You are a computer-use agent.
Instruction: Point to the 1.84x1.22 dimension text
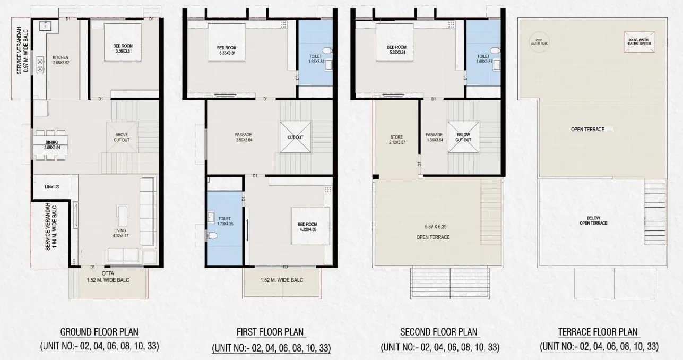pos(52,186)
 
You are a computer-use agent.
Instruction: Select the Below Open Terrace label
pos(593,220)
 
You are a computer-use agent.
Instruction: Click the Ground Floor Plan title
pos(99,332)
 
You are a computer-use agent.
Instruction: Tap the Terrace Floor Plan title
pos(598,332)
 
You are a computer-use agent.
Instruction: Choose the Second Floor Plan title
pos(438,332)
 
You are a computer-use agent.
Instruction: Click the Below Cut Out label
pos(463,137)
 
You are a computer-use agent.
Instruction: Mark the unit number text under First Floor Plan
pos(271,348)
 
